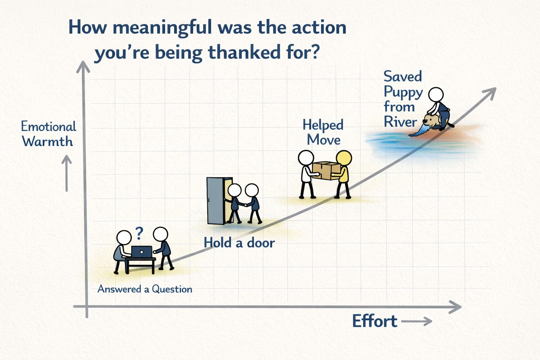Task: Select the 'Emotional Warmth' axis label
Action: pos(48,134)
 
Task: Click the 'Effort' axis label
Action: pos(374,321)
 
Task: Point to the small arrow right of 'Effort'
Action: pos(417,321)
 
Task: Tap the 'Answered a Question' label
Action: pos(145,289)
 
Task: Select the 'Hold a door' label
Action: pos(239,243)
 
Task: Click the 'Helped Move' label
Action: pos(323,132)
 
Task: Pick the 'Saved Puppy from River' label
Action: pos(403,99)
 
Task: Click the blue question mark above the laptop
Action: pos(139,233)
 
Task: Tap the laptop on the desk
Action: pos(142,252)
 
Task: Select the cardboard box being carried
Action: pos(326,171)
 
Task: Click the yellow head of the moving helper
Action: pos(343,159)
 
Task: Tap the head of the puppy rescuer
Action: pos(436,95)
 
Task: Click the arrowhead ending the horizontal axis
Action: pos(456,307)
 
